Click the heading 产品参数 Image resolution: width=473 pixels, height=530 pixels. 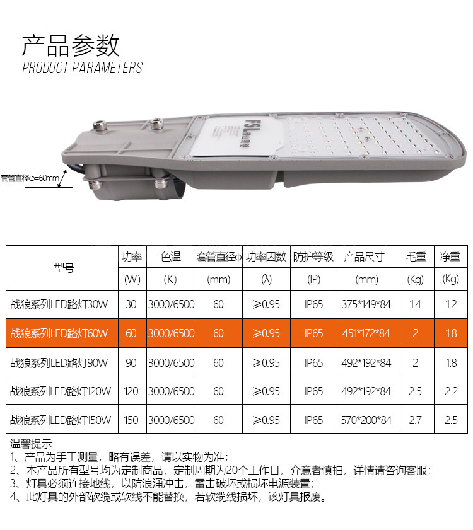[x=71, y=45]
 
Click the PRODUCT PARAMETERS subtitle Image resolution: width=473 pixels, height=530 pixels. [x=82, y=67]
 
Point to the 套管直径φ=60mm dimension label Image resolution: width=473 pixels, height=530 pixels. [x=30, y=178]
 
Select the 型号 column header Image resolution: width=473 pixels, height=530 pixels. [x=64, y=268]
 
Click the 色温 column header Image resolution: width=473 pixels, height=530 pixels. [x=171, y=256]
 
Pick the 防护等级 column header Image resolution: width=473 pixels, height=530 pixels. [x=313, y=256]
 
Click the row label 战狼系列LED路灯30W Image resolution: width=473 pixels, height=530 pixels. [x=59, y=304]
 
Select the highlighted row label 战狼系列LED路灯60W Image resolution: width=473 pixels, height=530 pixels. [x=59, y=333]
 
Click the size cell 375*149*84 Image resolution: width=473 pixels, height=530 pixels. [x=366, y=304]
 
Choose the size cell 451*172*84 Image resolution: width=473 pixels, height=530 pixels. [x=366, y=333]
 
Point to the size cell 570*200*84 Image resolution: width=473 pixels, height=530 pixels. [x=366, y=420]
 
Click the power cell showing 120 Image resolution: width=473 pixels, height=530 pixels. [x=131, y=391]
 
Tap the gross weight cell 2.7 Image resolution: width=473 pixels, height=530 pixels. [x=415, y=420]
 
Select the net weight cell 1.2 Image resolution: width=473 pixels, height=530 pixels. [x=451, y=304]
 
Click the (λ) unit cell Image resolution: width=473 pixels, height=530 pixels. [x=266, y=279]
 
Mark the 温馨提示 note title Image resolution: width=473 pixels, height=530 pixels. [x=33, y=444]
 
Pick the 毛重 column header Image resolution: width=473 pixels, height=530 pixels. [x=416, y=256]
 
